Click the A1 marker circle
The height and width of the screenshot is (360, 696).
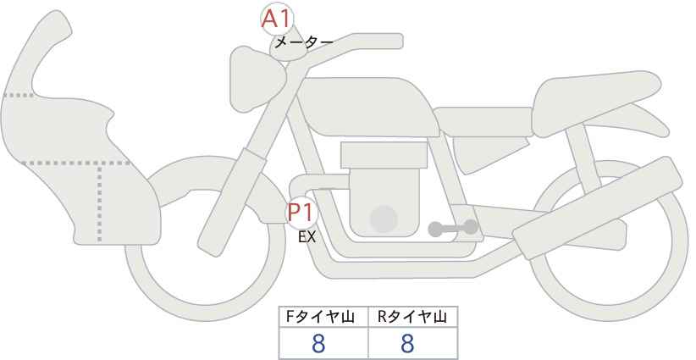[277, 19]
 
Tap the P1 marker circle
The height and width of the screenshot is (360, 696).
[301, 213]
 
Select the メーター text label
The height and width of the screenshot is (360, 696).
[304, 42]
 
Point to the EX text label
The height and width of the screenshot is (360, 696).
[307, 237]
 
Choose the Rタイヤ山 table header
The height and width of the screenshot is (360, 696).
[412, 317]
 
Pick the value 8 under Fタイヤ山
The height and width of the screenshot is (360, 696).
[318, 344]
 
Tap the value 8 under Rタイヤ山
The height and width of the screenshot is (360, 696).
[407, 344]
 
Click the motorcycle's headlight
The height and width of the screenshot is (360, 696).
[257, 79]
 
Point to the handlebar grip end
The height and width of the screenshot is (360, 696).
[390, 41]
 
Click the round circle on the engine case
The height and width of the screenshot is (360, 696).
[384, 219]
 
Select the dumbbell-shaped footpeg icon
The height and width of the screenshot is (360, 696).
[453, 228]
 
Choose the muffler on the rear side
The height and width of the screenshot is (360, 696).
[597, 208]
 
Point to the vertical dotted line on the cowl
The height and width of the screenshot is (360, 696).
[99, 202]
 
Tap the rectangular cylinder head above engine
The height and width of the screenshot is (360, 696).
[384, 155]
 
